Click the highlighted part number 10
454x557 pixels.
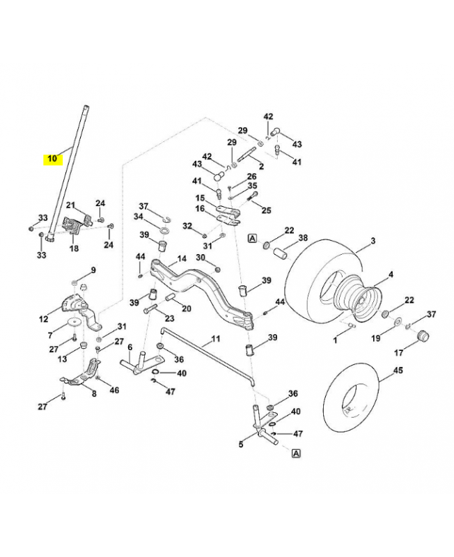click(52, 158)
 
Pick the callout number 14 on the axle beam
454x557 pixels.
click(182, 258)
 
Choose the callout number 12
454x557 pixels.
click(43, 320)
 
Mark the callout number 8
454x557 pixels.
click(94, 394)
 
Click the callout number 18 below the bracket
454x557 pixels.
click(74, 248)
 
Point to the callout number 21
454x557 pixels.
click(70, 205)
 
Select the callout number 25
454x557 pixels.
click(266, 210)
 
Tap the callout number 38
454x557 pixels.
click(302, 237)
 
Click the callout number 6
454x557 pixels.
click(130, 346)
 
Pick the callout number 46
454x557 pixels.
click(114, 390)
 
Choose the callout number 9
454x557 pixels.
click(93, 269)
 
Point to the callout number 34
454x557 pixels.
click(139, 217)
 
